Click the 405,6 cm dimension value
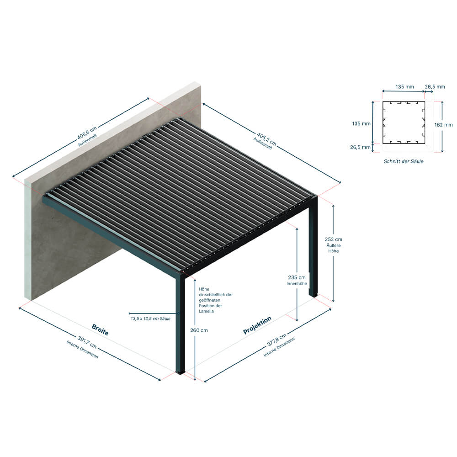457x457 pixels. [87, 133]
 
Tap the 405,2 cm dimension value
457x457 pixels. [266, 139]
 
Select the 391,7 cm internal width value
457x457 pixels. [87, 342]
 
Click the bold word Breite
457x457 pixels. [100, 329]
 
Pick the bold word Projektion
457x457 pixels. [257, 325]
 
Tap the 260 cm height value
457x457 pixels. [199, 330]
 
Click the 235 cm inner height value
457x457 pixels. [297, 277]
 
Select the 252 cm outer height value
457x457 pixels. [334, 239]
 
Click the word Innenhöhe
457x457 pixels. [297, 284]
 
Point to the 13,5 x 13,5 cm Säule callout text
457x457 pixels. [150, 319]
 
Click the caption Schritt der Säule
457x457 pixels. [404, 161]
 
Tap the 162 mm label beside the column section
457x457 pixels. [444, 125]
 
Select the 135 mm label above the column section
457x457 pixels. [404, 86]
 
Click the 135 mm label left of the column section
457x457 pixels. [361, 123]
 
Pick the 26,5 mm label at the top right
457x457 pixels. [435, 86]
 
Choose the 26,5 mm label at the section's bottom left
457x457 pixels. [360, 147]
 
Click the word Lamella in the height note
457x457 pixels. [207, 311]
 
